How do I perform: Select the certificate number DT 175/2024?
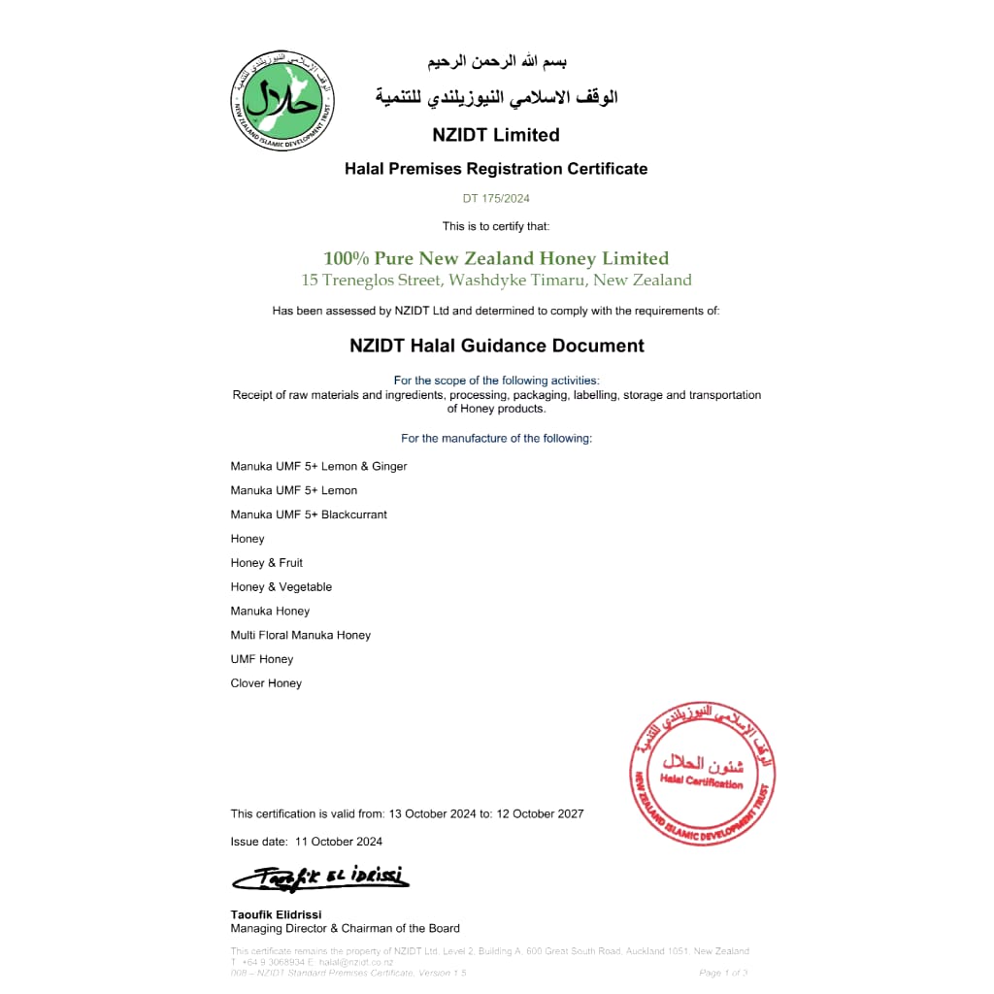pos(496,199)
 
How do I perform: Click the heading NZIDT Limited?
pos(496,135)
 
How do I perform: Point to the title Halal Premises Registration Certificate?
pos(496,169)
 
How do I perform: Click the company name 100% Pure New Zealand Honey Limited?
pos(496,258)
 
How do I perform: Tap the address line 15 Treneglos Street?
pos(496,281)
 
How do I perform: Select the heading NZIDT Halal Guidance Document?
pos(496,346)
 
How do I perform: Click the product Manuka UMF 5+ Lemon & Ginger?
pos(318,467)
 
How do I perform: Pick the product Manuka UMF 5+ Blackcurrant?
pos(309,514)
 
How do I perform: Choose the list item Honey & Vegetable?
pos(282,587)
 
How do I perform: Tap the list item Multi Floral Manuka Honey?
pos(301,635)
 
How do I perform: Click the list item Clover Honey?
pos(266,683)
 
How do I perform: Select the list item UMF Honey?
pos(262,659)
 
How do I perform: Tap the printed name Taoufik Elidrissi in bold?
pos(276,914)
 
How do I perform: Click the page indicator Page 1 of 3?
pos(723,973)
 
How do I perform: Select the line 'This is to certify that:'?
pos(496,226)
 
